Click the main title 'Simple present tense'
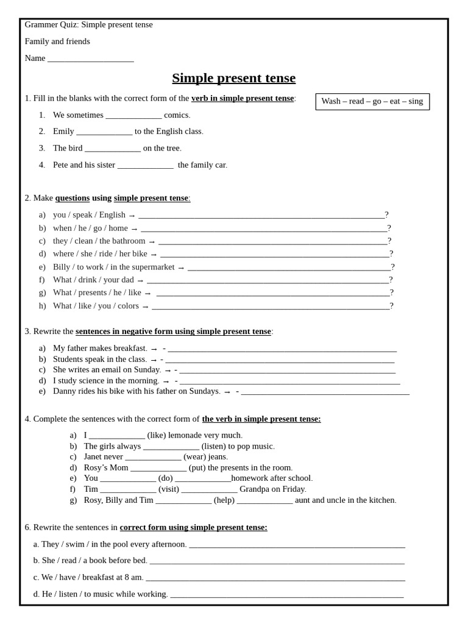233,78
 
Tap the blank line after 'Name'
90,59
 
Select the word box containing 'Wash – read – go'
372,101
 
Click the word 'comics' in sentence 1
177,115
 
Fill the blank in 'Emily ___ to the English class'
104,132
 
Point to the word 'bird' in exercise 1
75,148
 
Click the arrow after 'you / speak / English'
132,215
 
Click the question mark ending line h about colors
392,306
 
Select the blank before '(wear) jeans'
153,458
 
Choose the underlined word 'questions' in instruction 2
73,198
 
